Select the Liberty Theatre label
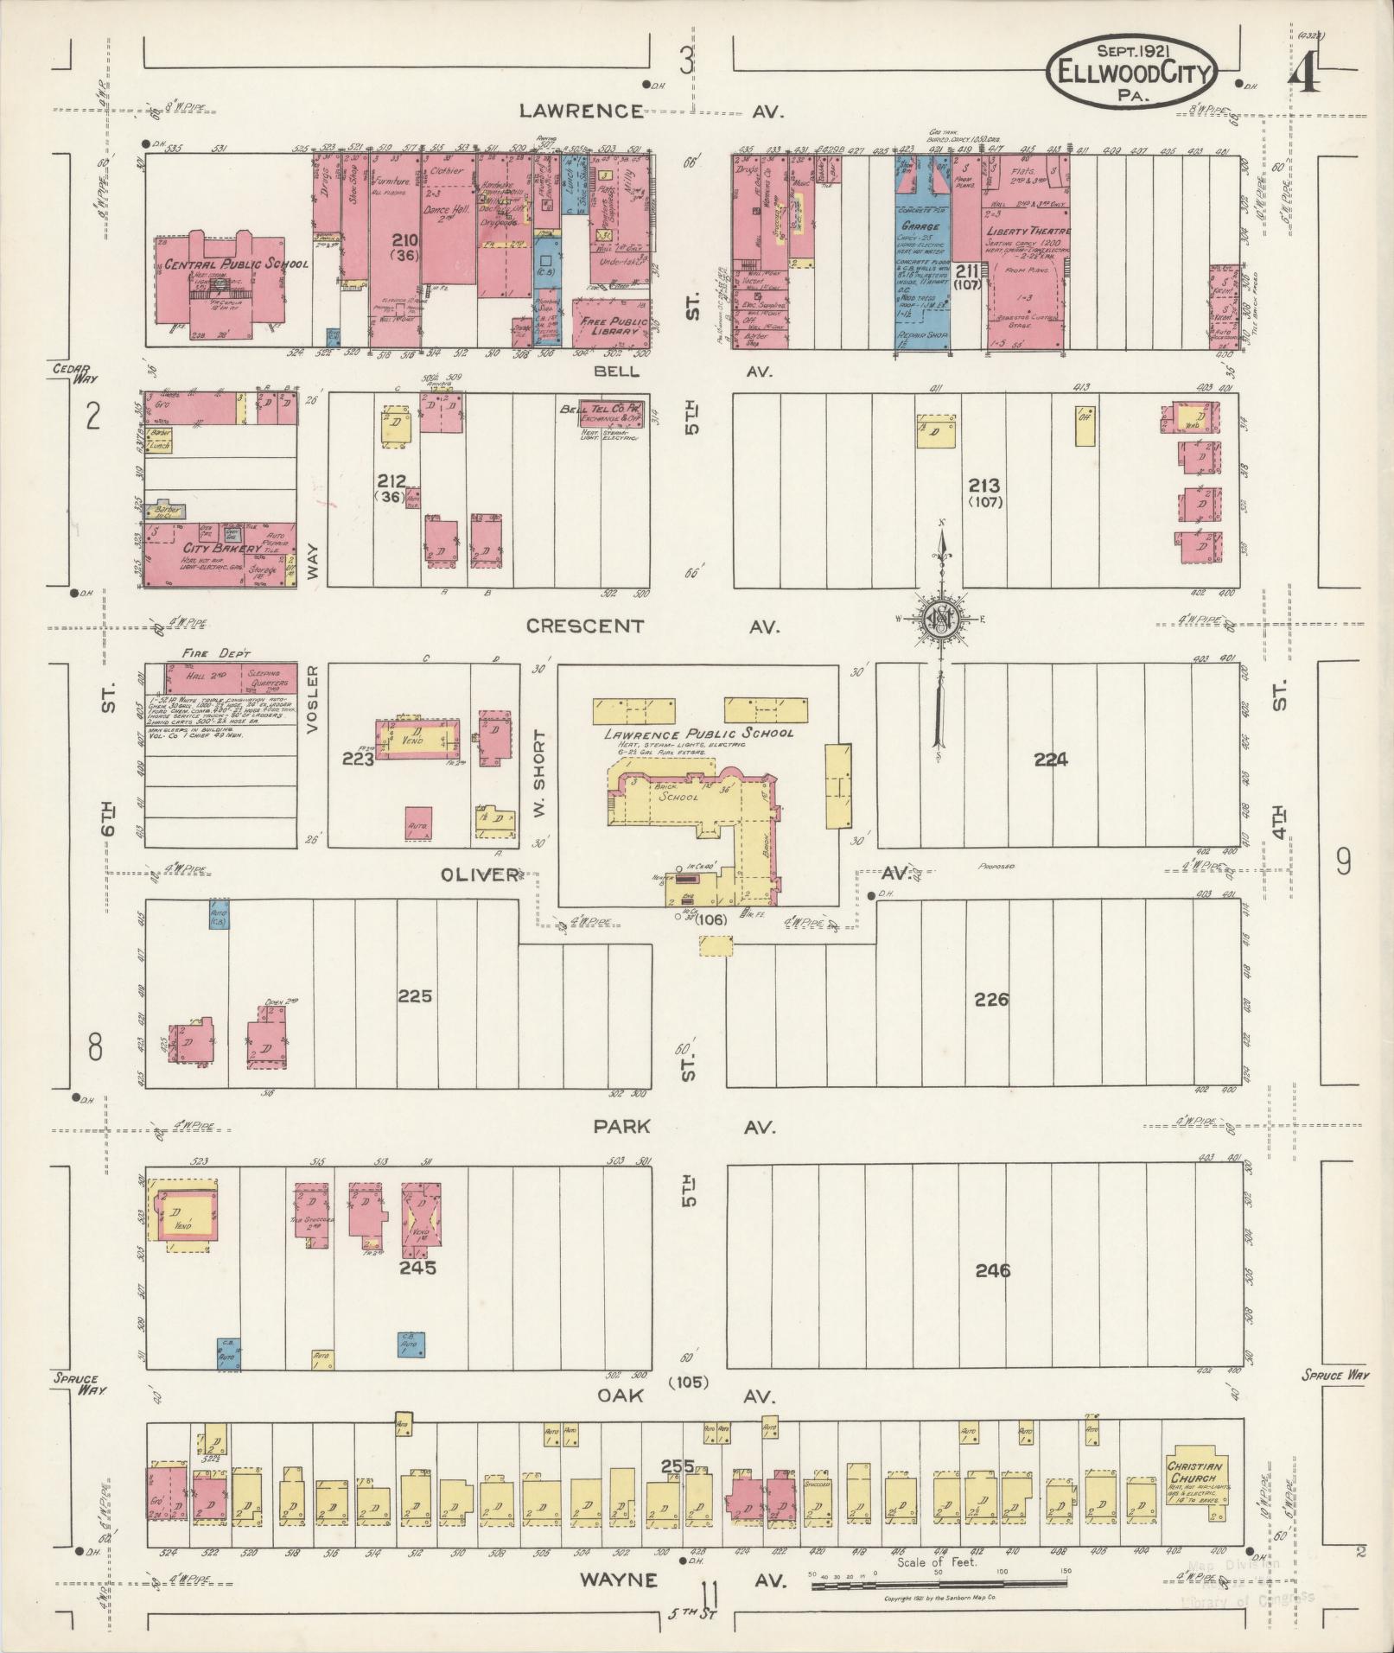tap(1027, 232)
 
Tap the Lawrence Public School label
tap(698, 734)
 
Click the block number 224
tap(1050, 760)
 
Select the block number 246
tap(992, 1271)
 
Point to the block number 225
tap(414, 996)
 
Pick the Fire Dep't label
tap(205, 654)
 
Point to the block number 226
tap(991, 1000)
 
